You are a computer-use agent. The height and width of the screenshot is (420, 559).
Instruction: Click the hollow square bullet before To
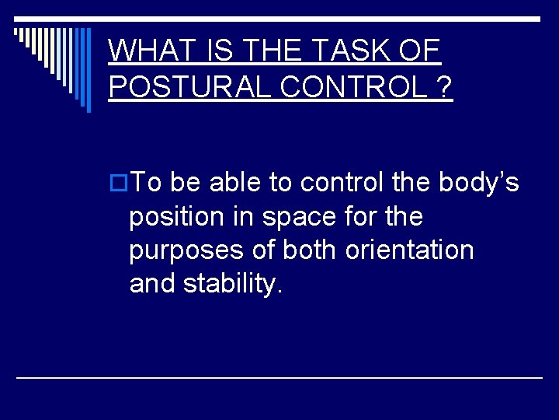(x=119, y=183)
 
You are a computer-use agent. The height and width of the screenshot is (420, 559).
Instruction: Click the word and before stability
(x=153, y=285)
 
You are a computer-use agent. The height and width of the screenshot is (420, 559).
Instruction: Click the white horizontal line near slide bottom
(x=279, y=377)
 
